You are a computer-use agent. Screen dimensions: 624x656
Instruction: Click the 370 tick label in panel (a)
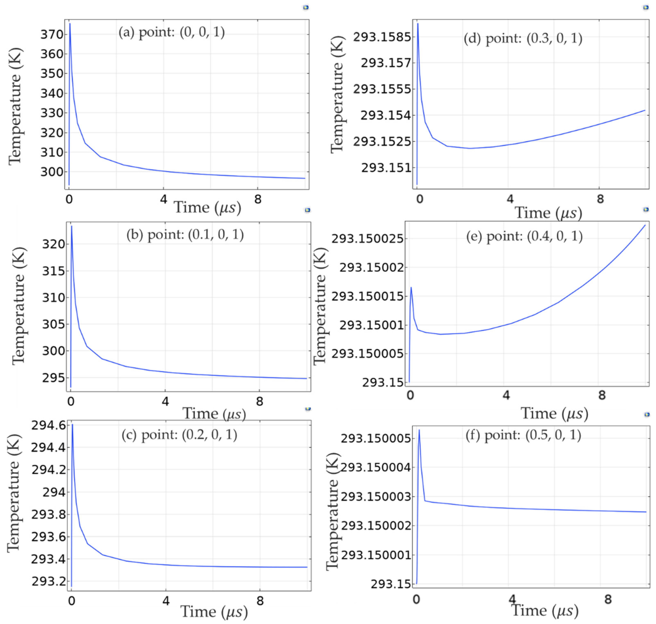coord(52,35)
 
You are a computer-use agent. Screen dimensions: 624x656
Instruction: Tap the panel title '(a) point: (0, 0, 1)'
coord(172,32)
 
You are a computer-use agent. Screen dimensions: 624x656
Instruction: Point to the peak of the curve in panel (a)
coord(70,24)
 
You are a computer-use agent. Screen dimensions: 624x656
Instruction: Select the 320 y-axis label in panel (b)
coord(53,244)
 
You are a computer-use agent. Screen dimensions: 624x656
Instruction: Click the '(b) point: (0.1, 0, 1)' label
coord(185,235)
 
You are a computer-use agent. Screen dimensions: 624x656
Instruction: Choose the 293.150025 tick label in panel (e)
coord(367,238)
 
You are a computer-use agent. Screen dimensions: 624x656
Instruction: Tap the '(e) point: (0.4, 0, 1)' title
coord(524,236)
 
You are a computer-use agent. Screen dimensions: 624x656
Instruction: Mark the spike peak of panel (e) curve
coord(411,287)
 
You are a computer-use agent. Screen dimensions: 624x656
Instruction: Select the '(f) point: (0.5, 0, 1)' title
coord(523,435)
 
